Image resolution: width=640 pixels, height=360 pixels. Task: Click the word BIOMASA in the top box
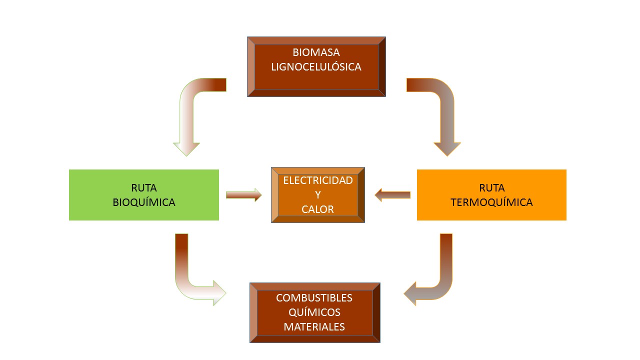[x=316, y=52]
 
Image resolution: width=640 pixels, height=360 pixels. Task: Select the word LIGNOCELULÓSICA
[x=316, y=67]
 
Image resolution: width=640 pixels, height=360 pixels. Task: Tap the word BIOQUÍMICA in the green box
[x=144, y=202]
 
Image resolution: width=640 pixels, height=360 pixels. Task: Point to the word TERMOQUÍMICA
[x=491, y=202]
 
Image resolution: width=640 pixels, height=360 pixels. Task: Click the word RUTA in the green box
[x=144, y=188]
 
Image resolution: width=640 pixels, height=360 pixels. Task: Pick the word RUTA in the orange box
[x=491, y=188]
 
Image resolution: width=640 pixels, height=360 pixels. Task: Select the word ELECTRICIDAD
[x=318, y=180]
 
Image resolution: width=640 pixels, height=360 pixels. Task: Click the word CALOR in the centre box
[x=318, y=209]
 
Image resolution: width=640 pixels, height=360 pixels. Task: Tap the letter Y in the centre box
[x=318, y=195]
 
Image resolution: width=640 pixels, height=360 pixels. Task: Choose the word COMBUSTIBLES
[x=314, y=298]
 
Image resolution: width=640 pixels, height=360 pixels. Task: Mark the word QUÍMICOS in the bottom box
[x=314, y=312]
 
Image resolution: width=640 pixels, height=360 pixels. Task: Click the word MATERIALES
[x=314, y=327]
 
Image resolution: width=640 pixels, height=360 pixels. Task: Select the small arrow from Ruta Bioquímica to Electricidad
[x=243, y=195]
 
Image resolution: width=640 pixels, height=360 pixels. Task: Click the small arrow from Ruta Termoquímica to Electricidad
[x=392, y=195]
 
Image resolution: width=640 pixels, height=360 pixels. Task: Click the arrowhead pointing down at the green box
[x=186, y=148]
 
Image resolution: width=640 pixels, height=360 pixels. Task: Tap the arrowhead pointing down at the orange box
[x=447, y=148]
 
